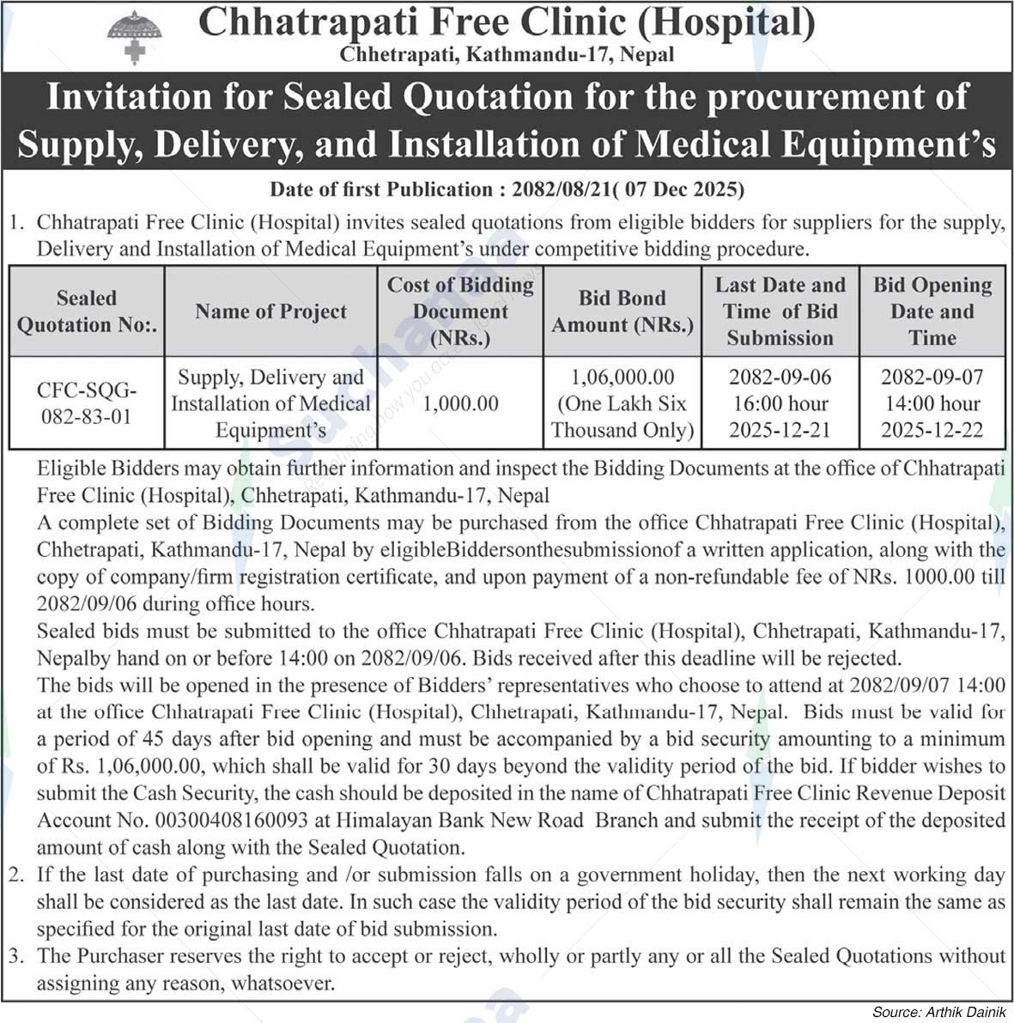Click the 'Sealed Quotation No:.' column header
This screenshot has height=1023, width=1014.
coord(86,312)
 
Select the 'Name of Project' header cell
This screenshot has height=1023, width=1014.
coord(270,312)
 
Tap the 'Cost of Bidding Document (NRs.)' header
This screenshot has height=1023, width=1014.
coord(460,312)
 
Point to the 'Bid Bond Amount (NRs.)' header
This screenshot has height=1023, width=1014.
coord(622,312)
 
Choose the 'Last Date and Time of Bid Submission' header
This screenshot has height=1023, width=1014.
coord(780,312)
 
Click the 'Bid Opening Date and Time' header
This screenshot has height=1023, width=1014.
coord(932,312)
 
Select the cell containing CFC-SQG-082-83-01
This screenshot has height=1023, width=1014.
coord(86,403)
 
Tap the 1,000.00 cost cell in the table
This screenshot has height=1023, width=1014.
coord(460,403)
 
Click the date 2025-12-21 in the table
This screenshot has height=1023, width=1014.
coord(780,430)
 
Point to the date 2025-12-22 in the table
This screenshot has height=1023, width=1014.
coord(932,430)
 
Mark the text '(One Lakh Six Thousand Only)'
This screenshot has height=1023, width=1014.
coord(622,417)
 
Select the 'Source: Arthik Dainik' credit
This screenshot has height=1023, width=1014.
coord(938,1012)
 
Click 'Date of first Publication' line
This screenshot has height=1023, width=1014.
coord(507,189)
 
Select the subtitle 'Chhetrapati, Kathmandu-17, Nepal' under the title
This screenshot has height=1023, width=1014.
coord(507,54)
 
